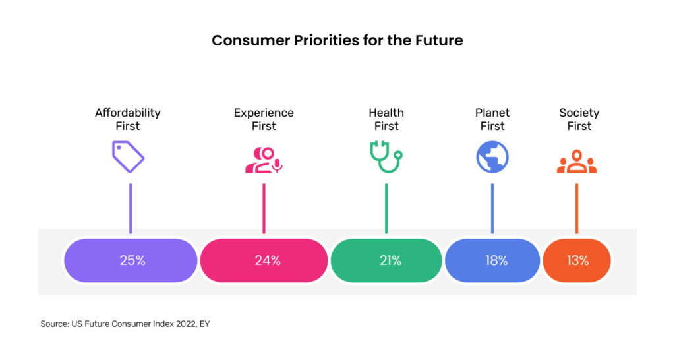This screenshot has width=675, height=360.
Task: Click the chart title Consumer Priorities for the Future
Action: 337,40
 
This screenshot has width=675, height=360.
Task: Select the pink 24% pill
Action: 264,260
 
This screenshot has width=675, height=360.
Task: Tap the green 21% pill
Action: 386,260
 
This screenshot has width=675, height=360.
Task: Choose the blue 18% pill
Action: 492,260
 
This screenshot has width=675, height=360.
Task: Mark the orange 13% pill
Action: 577,260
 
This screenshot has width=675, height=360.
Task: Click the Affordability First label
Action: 128,119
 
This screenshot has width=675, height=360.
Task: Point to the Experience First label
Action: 264,119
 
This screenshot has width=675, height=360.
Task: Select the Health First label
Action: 386,119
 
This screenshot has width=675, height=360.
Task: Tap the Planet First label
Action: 492,119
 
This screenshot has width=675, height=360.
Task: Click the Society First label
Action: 579,119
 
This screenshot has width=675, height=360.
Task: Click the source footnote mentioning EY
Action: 125,324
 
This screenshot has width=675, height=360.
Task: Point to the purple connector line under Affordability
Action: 131,208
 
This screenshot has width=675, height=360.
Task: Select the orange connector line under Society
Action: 577,208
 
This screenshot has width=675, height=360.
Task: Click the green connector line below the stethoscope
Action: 386,208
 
